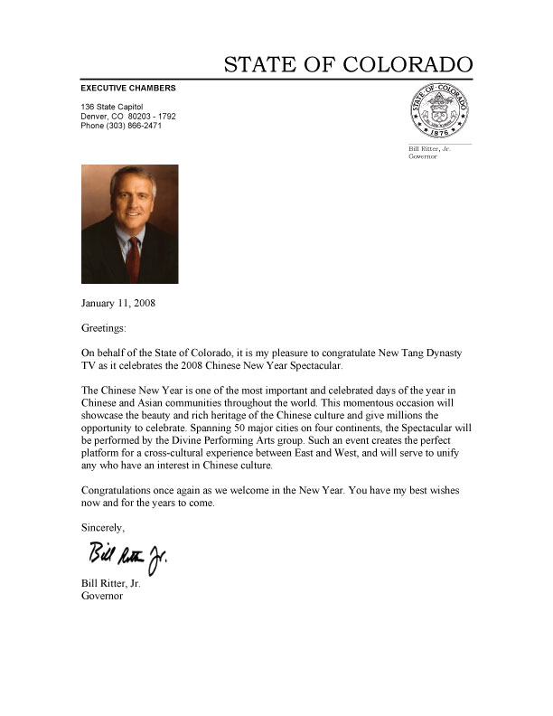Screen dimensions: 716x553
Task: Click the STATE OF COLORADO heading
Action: click(x=348, y=65)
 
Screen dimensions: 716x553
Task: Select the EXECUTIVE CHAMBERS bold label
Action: click(x=128, y=88)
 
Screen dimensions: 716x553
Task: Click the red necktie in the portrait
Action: click(x=133, y=258)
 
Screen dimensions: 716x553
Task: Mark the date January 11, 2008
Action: click(x=118, y=303)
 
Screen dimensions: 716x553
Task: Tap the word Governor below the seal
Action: click(x=424, y=156)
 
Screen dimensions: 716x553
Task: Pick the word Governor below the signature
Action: click(x=102, y=596)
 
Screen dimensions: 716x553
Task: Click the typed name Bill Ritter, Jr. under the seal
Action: click(x=430, y=149)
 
